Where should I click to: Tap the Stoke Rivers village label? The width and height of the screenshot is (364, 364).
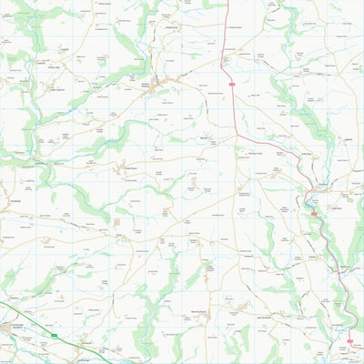(x=129, y=167)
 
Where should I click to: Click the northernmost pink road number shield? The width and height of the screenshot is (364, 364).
(x=232, y=84)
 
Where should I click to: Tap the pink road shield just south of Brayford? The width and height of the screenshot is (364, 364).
(x=314, y=214)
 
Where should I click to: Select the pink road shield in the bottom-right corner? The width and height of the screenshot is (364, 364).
(x=349, y=341)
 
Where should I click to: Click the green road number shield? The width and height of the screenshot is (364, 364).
(x=56, y=335)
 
